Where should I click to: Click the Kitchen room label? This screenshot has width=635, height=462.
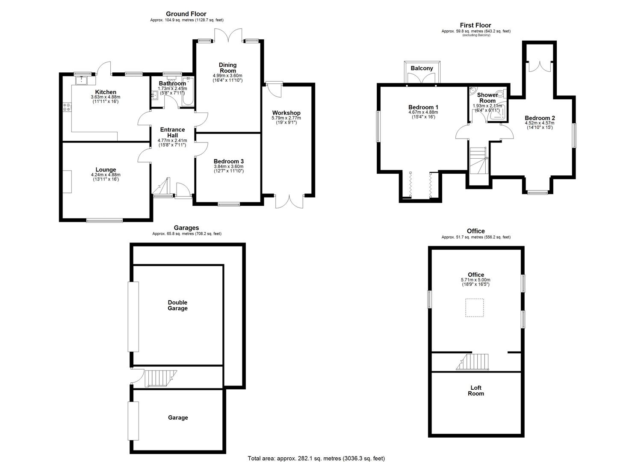(x=106, y=92)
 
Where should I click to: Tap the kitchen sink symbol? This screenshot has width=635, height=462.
(x=81, y=80)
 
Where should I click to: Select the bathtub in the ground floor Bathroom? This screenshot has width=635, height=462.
(x=188, y=92)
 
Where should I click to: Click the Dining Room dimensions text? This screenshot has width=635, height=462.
(x=227, y=77)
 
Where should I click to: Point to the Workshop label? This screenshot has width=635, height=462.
(x=286, y=113)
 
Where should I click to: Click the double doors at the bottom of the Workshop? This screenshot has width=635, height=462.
(x=289, y=201)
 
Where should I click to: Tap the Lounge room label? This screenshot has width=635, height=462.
(x=106, y=170)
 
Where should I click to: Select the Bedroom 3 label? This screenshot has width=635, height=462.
(x=228, y=161)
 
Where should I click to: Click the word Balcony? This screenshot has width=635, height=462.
(x=422, y=68)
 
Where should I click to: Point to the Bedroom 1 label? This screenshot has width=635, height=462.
(x=423, y=107)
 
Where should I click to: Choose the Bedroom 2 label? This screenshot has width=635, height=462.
(x=539, y=118)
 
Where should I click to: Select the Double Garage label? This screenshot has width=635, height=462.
(x=177, y=305)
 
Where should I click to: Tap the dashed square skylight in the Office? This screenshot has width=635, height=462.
(x=474, y=308)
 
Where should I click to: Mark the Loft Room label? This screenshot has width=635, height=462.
(x=476, y=391)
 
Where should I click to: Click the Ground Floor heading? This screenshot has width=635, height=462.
(x=186, y=14)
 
